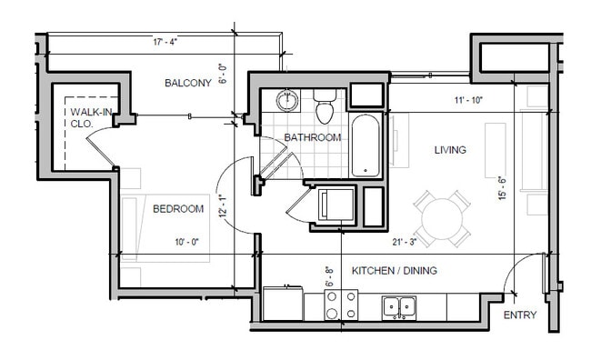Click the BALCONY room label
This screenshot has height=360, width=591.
tap(188, 83)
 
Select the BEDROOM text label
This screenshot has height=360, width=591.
tap(178, 209)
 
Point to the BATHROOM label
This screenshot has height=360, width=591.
tap(313, 137)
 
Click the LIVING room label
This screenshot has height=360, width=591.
tap(450, 150)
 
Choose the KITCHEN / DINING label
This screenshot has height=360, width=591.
tap(395, 271)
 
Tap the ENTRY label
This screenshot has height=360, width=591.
tap(520, 315)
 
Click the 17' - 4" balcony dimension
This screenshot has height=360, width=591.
tap(165, 42)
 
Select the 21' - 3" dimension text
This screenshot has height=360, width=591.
tap(404, 242)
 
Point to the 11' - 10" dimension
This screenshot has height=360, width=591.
tap(468, 100)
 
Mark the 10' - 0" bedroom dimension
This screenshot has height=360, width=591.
tap(186, 242)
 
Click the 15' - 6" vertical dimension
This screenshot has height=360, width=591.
tap(503, 188)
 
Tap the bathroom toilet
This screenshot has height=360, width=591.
tap(325, 106)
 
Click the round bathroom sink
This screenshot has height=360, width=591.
tap(287, 101)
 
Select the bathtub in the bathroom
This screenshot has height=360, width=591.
tap(366, 145)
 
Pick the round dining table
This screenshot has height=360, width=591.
tap(442, 219)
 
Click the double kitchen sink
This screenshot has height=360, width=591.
tap(399, 308)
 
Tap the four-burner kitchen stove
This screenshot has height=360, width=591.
tap(341, 305)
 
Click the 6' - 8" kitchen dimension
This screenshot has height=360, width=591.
tap(329, 277)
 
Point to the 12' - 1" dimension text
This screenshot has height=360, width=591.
tap(223, 205)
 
